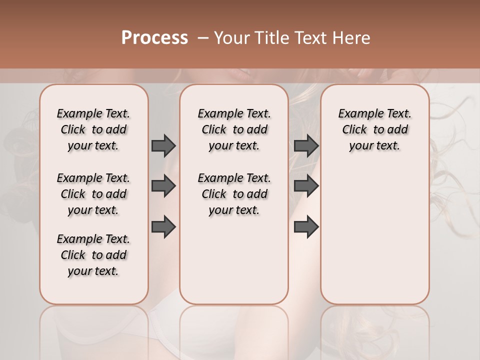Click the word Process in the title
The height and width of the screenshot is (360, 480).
(x=154, y=38)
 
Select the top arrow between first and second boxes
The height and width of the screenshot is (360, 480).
(x=163, y=145)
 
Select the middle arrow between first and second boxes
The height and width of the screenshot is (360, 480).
(x=163, y=186)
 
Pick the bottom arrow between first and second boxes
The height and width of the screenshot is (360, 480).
(x=163, y=226)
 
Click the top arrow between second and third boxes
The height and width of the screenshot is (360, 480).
(x=306, y=145)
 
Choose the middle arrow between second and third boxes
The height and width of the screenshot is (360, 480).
(x=306, y=186)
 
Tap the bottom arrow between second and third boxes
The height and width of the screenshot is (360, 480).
(x=306, y=226)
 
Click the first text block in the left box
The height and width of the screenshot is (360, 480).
(x=93, y=129)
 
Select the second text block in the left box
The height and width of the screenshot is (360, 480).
(x=93, y=194)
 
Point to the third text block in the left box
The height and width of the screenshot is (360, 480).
(x=93, y=255)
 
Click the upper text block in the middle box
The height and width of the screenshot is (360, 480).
(x=234, y=129)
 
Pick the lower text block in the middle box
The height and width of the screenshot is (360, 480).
(x=234, y=194)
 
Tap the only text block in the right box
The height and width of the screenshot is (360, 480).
(x=374, y=129)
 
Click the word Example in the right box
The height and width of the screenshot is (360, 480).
(x=357, y=114)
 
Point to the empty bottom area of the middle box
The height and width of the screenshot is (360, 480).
(x=234, y=265)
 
